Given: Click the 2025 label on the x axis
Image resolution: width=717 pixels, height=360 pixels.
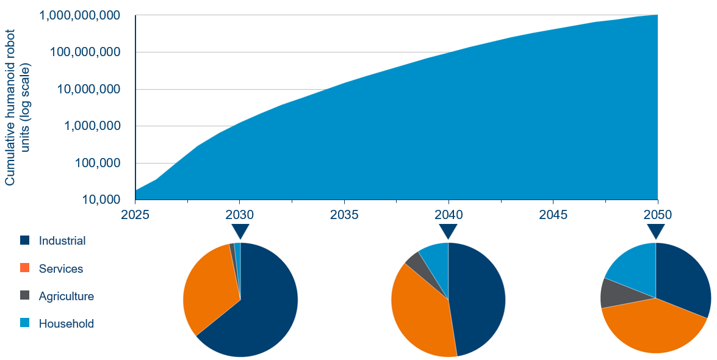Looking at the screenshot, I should click(135, 215).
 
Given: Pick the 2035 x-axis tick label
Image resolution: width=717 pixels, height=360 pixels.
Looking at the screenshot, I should click(345, 215).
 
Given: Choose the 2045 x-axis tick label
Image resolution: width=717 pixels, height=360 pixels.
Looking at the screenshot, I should click(553, 215).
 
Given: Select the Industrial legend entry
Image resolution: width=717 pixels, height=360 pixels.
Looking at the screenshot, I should click(62, 241).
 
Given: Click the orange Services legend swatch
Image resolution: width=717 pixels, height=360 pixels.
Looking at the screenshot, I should click(24, 268).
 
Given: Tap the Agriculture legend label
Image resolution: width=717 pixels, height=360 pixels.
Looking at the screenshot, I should click(66, 297).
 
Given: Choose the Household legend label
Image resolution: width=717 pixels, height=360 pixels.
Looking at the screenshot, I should click(66, 324).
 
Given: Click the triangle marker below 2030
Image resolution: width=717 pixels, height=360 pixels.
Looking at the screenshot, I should click(240, 231).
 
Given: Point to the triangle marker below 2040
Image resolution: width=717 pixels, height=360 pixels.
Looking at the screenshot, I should click(449, 231).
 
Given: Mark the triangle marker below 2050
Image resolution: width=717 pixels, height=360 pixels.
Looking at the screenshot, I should click(656, 231).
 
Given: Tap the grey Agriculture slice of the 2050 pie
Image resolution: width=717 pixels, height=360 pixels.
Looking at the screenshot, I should click(613, 293).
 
